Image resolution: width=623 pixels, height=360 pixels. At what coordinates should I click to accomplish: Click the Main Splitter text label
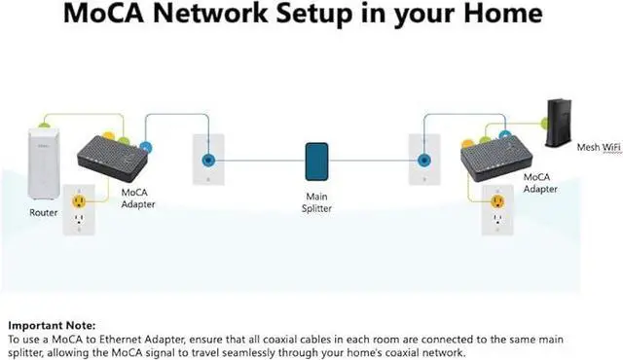317,200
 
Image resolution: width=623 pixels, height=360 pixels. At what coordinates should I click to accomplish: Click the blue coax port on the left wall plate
207,161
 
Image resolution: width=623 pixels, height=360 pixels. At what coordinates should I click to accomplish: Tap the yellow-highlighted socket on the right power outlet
496,202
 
